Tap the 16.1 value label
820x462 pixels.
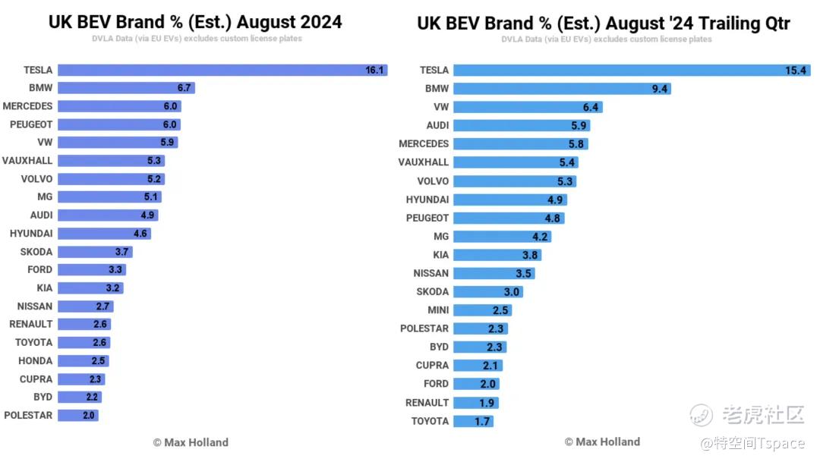(x=375, y=70)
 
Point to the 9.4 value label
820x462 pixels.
(x=659, y=89)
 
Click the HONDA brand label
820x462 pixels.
(x=35, y=360)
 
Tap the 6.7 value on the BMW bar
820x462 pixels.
(x=184, y=88)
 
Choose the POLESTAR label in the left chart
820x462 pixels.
(x=28, y=415)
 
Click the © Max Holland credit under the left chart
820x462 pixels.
(x=190, y=442)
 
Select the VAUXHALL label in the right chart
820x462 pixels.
(x=423, y=162)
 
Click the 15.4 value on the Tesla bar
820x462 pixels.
(x=795, y=70)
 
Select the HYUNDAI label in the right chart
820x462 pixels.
(x=427, y=200)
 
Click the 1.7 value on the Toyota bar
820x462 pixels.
(x=482, y=421)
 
